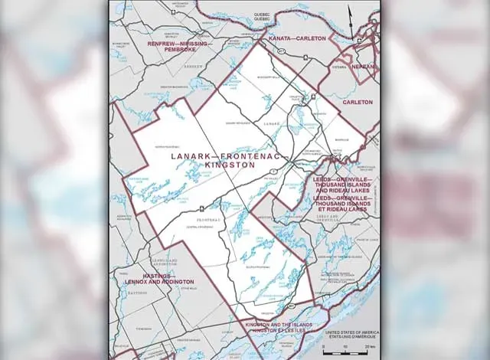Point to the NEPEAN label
point(364,67)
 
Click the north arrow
point(350,13)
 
